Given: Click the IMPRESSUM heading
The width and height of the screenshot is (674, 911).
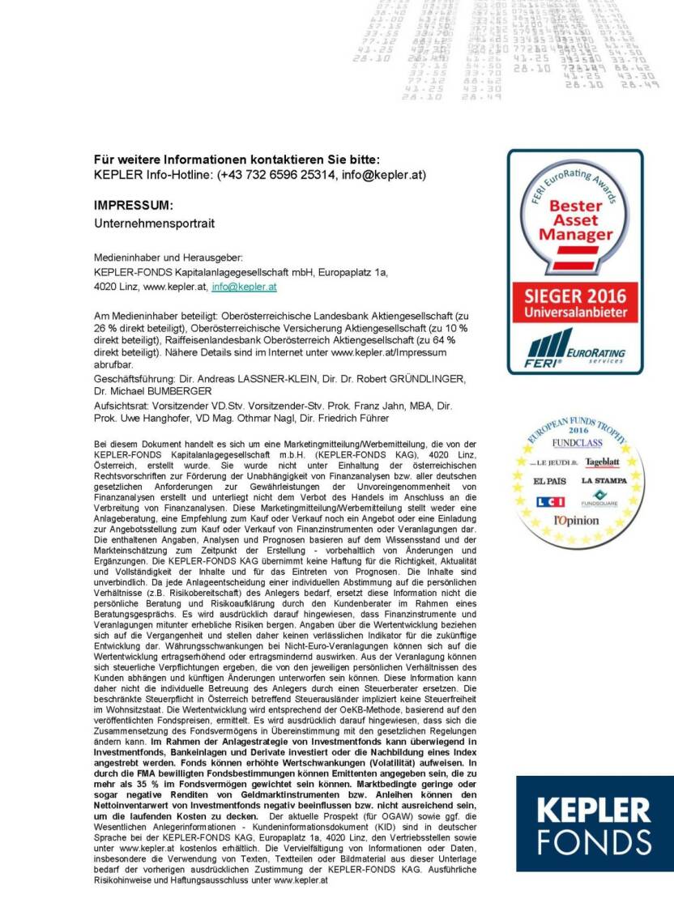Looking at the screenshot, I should pos(134,206).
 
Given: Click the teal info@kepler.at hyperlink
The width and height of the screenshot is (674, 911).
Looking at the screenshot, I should pos(245,287).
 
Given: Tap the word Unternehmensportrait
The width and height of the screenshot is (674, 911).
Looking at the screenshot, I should pos(155,222).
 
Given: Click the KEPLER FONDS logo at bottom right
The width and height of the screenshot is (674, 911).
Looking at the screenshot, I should pos(595,823).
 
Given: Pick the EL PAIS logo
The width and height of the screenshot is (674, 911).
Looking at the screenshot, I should pos(549,481).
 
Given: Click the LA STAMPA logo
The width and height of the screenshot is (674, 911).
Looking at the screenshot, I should pos(604,481).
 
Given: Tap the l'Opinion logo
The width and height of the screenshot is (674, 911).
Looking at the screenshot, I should pos(576,521).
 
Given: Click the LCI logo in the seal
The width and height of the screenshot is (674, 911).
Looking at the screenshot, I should pos(550,501).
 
